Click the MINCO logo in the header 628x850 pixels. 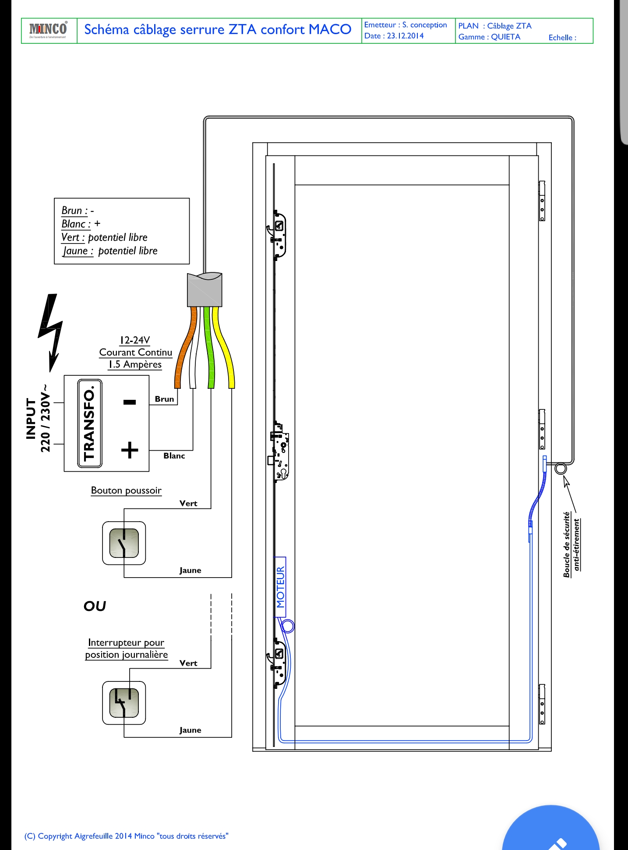tap(48, 30)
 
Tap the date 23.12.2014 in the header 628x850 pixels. tap(405, 36)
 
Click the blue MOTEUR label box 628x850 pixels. tap(280, 587)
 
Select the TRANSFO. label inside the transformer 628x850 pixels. tap(90, 423)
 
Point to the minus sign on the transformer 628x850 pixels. tap(130, 402)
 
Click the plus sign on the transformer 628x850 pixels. tap(130, 450)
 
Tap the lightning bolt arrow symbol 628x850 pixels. tap(51, 331)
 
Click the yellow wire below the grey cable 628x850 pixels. tap(225, 346)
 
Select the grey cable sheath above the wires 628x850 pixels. tap(205, 289)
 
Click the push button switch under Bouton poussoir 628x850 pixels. tap(124, 543)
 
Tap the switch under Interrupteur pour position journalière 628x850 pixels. tap(124, 702)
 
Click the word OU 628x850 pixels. tap(95, 606)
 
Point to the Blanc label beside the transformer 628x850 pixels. tap(174, 456)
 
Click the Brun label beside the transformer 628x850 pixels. tap(164, 399)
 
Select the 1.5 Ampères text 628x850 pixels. tap(135, 364)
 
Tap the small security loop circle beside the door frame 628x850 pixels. tap(561, 469)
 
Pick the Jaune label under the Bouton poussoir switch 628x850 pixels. tap(190, 570)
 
